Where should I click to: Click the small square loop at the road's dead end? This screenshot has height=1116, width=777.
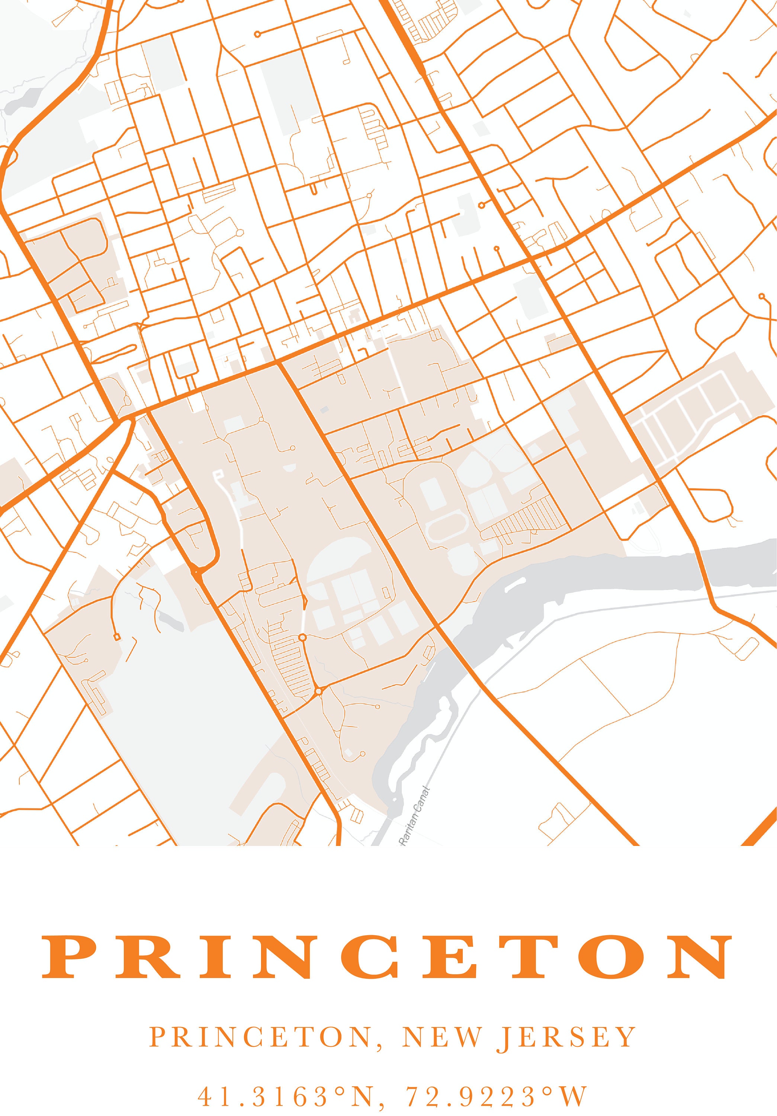[x=116, y=637]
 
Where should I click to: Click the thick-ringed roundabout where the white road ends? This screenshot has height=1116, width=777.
[x=302, y=637]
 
